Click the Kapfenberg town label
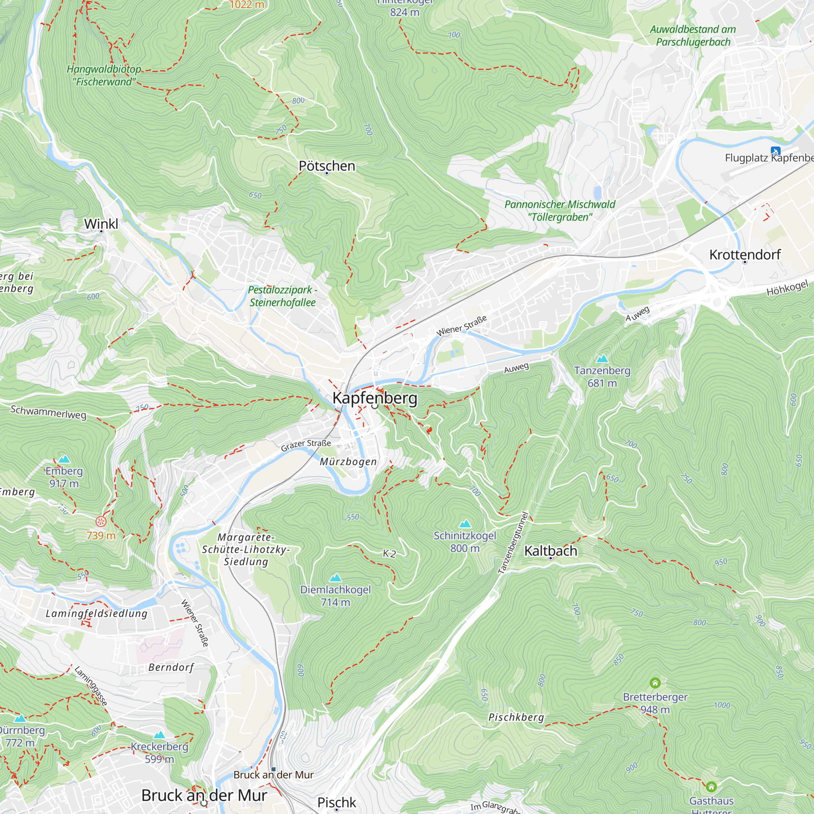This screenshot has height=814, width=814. click(x=374, y=398)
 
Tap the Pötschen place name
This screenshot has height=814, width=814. click(x=327, y=166)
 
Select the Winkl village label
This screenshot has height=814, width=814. click(x=101, y=224)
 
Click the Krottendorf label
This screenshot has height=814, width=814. click(x=745, y=254)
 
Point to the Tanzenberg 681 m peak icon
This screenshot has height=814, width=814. click(x=602, y=359)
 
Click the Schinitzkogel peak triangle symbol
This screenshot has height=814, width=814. click(x=465, y=524)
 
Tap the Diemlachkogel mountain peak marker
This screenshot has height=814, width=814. click(x=335, y=578)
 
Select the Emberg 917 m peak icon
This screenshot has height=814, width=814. click(x=64, y=459)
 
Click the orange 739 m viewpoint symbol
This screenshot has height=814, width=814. click(x=101, y=522)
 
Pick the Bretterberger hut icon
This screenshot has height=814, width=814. click(x=655, y=682)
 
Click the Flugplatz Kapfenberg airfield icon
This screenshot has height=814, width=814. click(x=775, y=151)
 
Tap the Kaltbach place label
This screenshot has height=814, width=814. click(x=550, y=551)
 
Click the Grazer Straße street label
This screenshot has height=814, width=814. click(x=306, y=445)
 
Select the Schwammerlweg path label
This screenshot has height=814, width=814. click(x=48, y=412)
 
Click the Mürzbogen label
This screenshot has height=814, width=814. click(x=348, y=462)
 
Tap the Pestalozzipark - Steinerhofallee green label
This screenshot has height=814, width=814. click(x=282, y=296)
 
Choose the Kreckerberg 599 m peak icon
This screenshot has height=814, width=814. click(x=159, y=735)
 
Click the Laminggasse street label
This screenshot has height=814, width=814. click(x=91, y=685)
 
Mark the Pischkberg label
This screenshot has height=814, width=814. click(x=516, y=717)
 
